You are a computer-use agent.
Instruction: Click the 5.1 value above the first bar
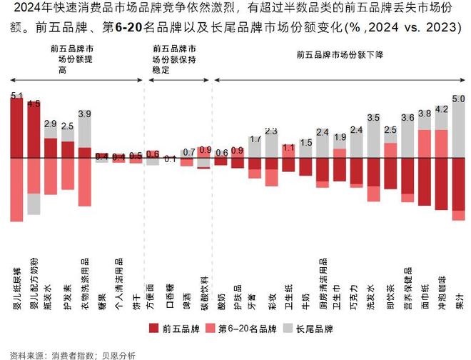click(x=17, y=95)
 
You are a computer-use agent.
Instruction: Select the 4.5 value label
click(x=34, y=104)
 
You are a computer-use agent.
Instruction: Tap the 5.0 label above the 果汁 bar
click(x=458, y=98)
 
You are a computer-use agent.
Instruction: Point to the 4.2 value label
click(x=441, y=109)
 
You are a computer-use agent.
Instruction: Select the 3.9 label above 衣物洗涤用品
click(x=84, y=114)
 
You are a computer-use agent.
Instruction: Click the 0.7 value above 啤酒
click(x=188, y=152)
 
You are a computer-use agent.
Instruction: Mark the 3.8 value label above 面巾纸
click(x=424, y=113)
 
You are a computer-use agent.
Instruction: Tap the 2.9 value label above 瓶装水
click(x=50, y=124)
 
